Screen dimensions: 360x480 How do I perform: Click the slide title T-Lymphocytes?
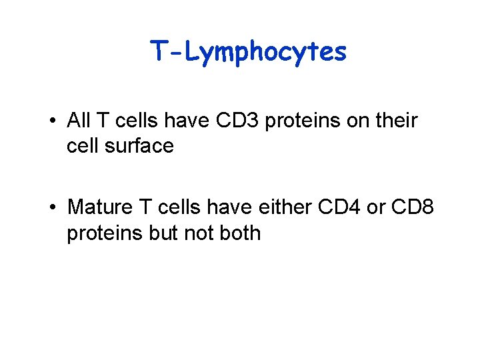point(248,51)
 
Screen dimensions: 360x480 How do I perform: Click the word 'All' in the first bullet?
point(79,121)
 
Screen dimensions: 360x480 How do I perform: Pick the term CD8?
point(412,207)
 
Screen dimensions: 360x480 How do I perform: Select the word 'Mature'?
point(100,207)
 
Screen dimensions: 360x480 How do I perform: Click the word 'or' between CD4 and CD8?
point(376,207)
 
